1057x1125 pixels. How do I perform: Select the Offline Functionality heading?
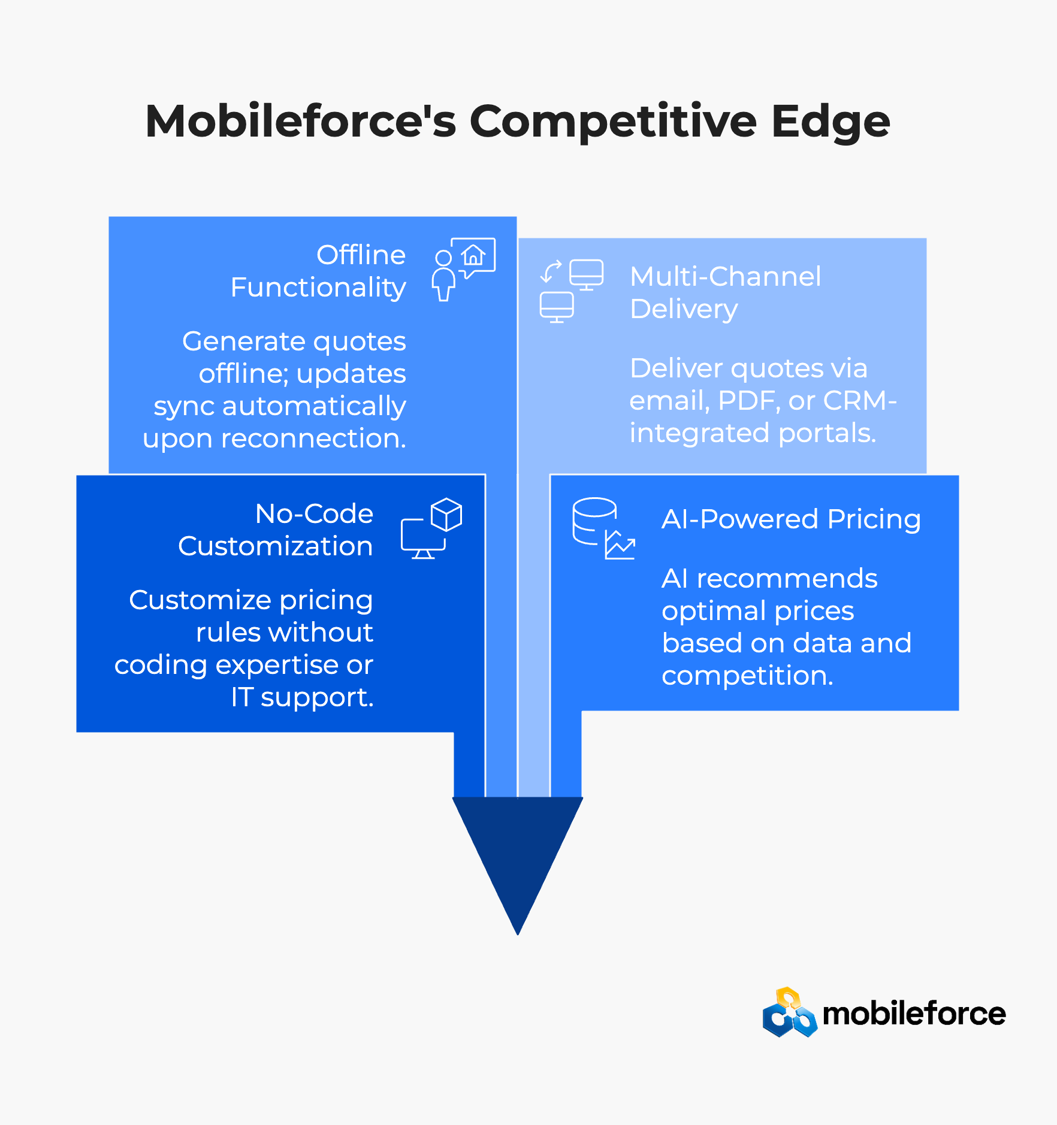coord(318,271)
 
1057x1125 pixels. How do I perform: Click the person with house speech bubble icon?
coord(463,269)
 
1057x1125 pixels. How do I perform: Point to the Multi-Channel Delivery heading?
coord(725,292)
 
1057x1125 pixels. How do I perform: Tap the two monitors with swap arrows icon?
coord(571,291)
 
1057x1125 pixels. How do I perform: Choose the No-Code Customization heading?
coord(276,530)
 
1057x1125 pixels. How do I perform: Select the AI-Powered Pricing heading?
coord(791,519)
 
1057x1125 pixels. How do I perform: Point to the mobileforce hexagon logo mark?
coord(789,1013)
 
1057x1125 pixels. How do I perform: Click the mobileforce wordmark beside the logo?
coord(914,1014)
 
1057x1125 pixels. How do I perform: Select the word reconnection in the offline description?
coord(313,438)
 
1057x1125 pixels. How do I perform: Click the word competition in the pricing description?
coord(747,676)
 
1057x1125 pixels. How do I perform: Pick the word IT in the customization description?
coord(241,697)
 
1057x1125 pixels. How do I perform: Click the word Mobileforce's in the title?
coord(300,122)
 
